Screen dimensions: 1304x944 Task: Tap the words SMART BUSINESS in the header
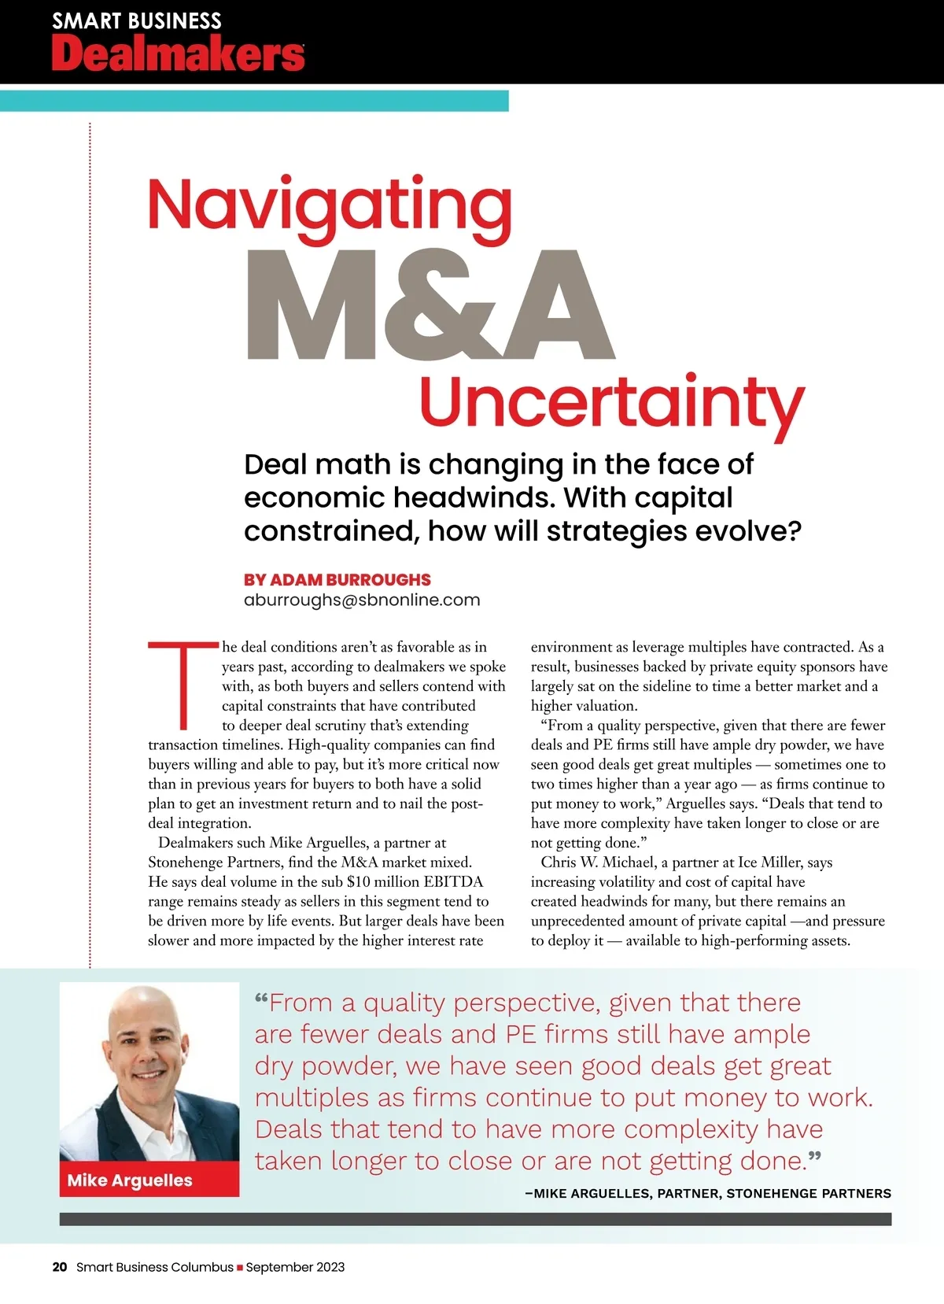pyautogui.click(x=137, y=20)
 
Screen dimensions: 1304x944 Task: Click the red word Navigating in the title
pyautogui.click(x=330, y=206)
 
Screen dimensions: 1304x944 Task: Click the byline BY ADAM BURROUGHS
pyautogui.click(x=337, y=579)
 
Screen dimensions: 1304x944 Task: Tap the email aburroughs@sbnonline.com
pyautogui.click(x=362, y=600)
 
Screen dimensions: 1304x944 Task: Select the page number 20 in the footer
pyautogui.click(x=60, y=1267)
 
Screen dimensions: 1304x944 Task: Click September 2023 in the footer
pyautogui.click(x=295, y=1267)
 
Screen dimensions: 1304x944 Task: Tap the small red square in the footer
pyautogui.click(x=240, y=1268)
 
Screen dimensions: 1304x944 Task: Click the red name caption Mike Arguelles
pyautogui.click(x=130, y=1180)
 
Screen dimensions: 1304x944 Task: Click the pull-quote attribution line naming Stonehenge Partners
pyautogui.click(x=708, y=1193)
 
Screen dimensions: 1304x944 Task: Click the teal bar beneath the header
pyautogui.click(x=253, y=101)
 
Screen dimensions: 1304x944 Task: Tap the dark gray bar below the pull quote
pyautogui.click(x=475, y=1219)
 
